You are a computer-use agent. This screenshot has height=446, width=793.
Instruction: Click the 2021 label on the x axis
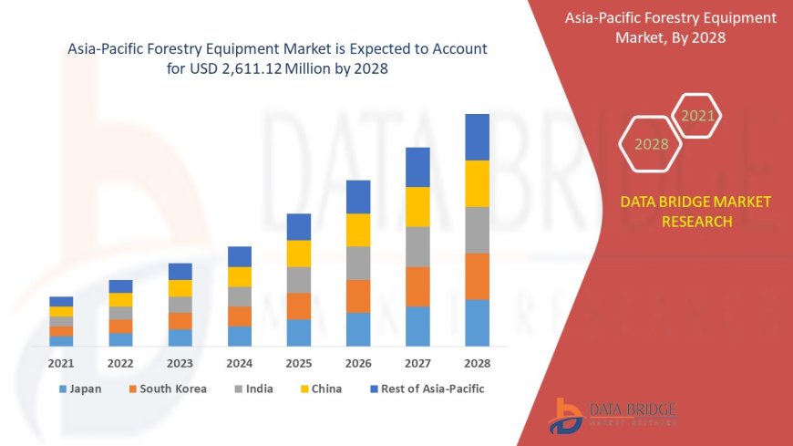(61, 363)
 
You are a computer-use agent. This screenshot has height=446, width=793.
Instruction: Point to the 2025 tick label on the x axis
(299, 363)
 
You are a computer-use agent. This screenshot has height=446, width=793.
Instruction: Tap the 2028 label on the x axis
(477, 363)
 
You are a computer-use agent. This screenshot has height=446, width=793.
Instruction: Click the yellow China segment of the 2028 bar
(477, 183)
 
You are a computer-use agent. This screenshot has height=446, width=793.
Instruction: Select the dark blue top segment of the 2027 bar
(417, 167)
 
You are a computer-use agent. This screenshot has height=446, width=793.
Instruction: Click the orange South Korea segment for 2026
(358, 296)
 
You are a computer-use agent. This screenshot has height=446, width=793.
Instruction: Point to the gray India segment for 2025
(299, 279)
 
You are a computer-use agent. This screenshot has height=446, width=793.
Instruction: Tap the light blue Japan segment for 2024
(240, 336)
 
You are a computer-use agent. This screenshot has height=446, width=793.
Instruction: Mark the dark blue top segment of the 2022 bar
(120, 286)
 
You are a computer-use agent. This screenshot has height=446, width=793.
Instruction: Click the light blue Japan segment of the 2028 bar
(477, 323)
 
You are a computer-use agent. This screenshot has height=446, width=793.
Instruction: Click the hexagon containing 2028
(651, 144)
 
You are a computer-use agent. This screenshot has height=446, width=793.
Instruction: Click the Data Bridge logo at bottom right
(613, 415)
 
